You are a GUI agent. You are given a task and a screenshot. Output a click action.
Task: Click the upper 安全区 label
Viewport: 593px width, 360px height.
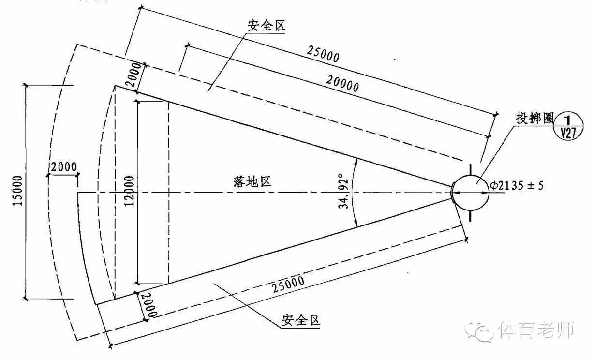[x=267, y=27]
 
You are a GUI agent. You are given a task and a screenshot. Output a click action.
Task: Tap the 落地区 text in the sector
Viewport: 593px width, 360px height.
[x=251, y=182]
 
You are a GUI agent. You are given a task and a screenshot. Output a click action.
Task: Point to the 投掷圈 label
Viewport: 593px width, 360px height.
[x=534, y=119]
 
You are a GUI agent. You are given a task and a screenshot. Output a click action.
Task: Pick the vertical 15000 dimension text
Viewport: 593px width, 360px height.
[x=18, y=191]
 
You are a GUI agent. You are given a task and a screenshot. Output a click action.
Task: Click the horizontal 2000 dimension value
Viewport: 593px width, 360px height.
[x=63, y=167]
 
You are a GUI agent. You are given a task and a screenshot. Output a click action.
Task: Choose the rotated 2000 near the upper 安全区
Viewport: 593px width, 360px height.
[x=135, y=75]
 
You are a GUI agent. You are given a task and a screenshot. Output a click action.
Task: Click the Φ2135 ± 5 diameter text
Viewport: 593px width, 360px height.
[x=516, y=185]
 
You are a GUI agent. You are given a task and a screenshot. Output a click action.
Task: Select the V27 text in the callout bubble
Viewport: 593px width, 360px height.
[x=569, y=133]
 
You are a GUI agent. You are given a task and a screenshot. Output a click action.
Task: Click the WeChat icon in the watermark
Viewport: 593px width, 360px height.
[x=480, y=331]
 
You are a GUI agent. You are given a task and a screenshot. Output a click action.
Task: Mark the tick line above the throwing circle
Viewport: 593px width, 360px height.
[x=470, y=169]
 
